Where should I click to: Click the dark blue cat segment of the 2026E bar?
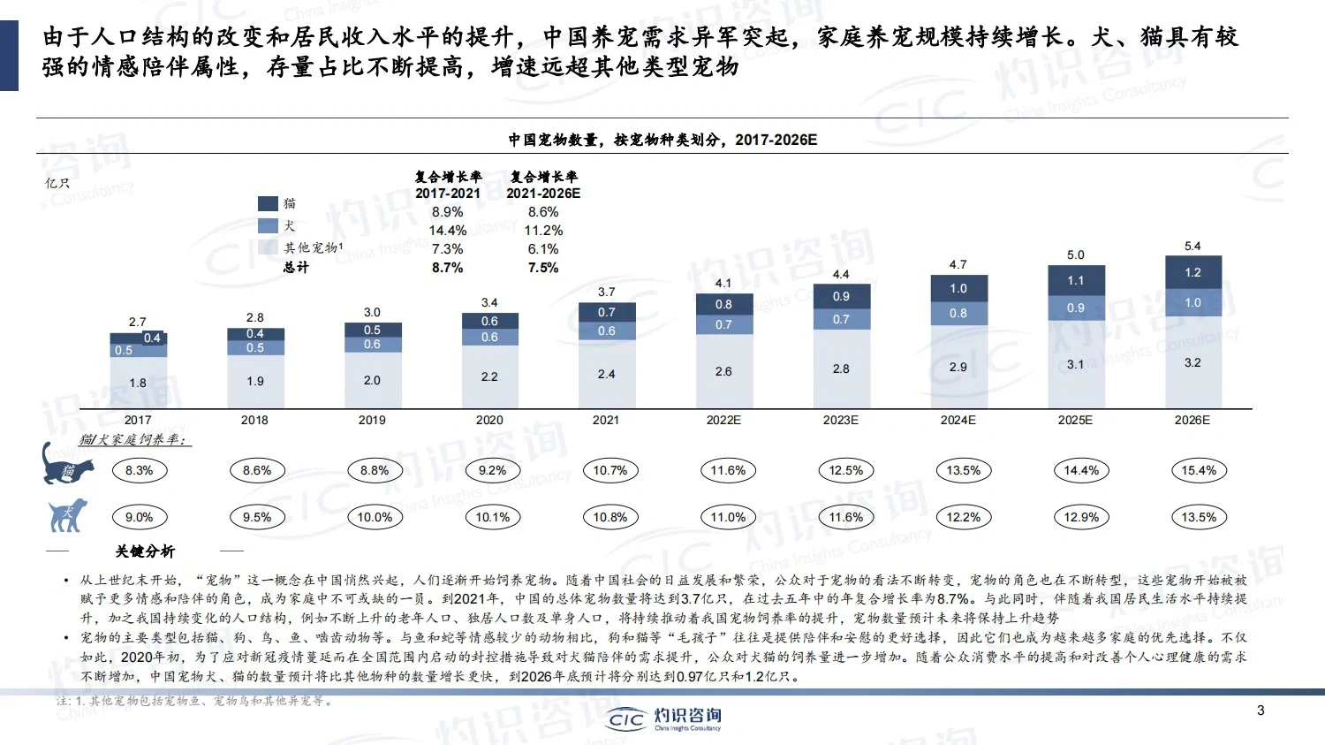pyautogui.click(x=1192, y=272)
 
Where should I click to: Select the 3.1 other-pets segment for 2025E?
pyautogui.click(x=1075, y=364)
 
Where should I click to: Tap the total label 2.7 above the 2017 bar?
pyautogui.click(x=137, y=322)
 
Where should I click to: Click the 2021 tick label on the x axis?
pyautogui.click(x=606, y=420)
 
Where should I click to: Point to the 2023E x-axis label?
pyautogui.click(x=840, y=420)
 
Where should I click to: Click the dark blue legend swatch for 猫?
pyautogui.click(x=268, y=203)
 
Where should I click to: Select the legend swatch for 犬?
pyautogui.click(x=268, y=225)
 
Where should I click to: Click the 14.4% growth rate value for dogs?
pyautogui.click(x=447, y=231)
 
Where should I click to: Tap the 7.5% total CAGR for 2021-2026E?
pyautogui.click(x=543, y=268)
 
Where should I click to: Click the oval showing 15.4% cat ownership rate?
pyautogui.click(x=1199, y=470)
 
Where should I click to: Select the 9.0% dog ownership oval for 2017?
pyautogui.click(x=140, y=517)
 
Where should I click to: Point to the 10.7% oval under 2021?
pyautogui.click(x=609, y=470)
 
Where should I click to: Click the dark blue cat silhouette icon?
pyautogui.click(x=67, y=464)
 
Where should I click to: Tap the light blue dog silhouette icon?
pyautogui.click(x=68, y=515)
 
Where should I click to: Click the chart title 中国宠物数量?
pyautogui.click(x=662, y=140)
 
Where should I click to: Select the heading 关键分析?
pyautogui.click(x=145, y=551)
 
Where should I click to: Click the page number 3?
pyautogui.click(x=1261, y=710)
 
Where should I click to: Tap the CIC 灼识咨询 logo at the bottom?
pyautogui.click(x=664, y=718)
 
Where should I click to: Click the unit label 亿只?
pyautogui.click(x=57, y=183)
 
